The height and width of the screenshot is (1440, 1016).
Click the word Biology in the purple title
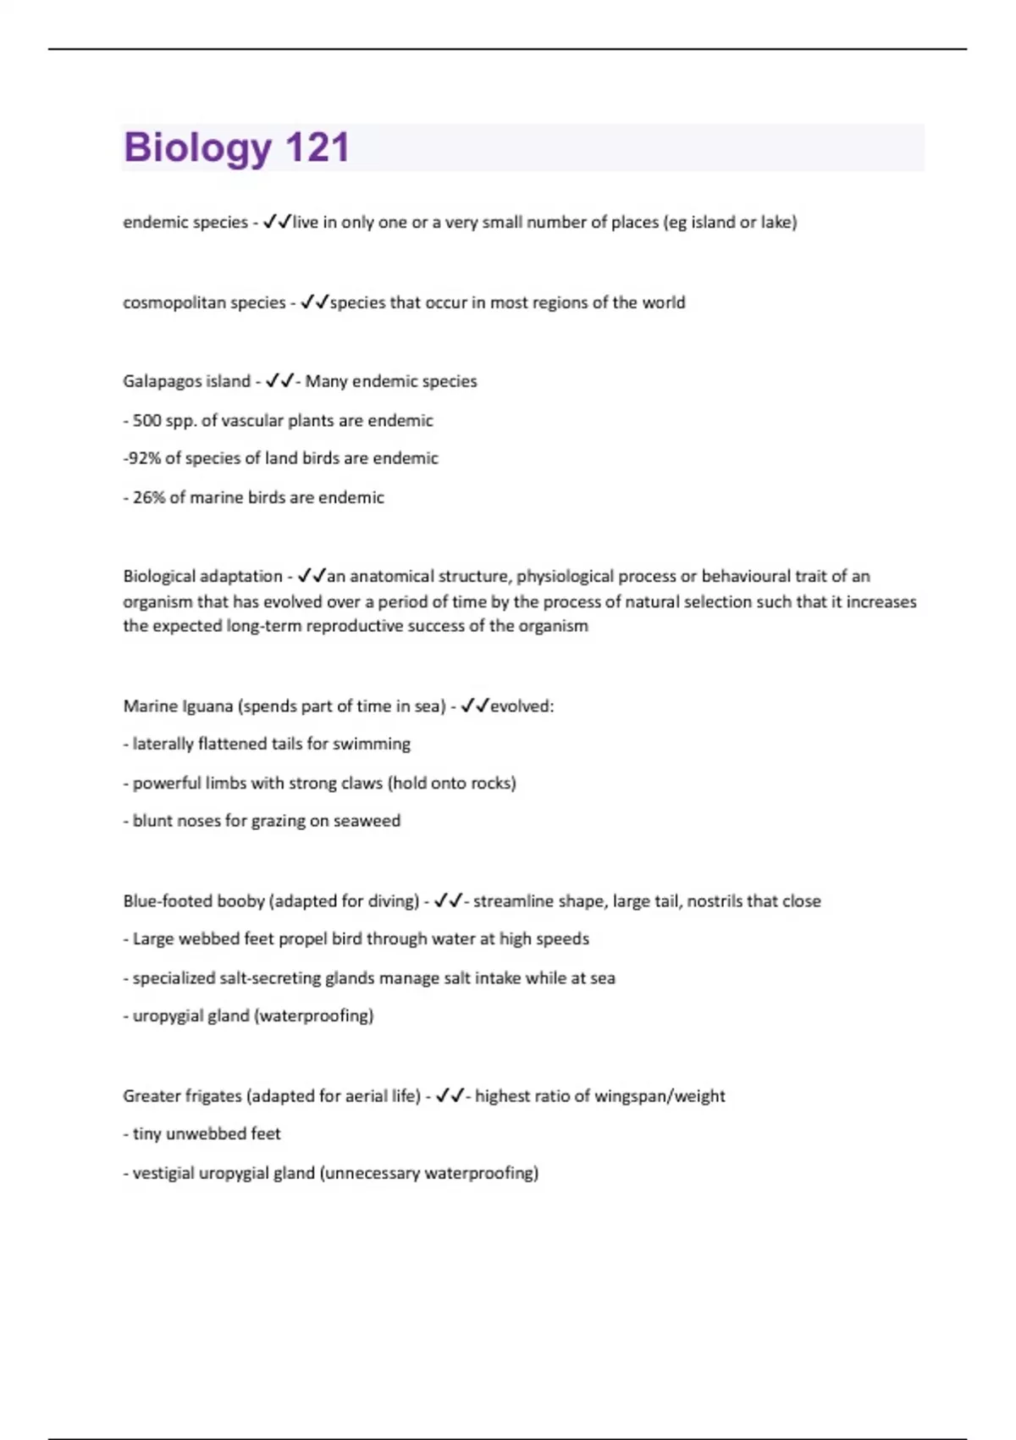pos(197,147)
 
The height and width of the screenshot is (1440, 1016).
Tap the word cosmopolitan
pos(169,302)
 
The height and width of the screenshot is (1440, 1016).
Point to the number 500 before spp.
pos(147,420)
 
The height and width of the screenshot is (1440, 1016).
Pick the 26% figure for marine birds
pos(149,497)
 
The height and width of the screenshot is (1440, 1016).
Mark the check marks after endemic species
pos(277,222)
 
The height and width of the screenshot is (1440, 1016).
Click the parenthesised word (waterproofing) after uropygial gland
pos(313,1016)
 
